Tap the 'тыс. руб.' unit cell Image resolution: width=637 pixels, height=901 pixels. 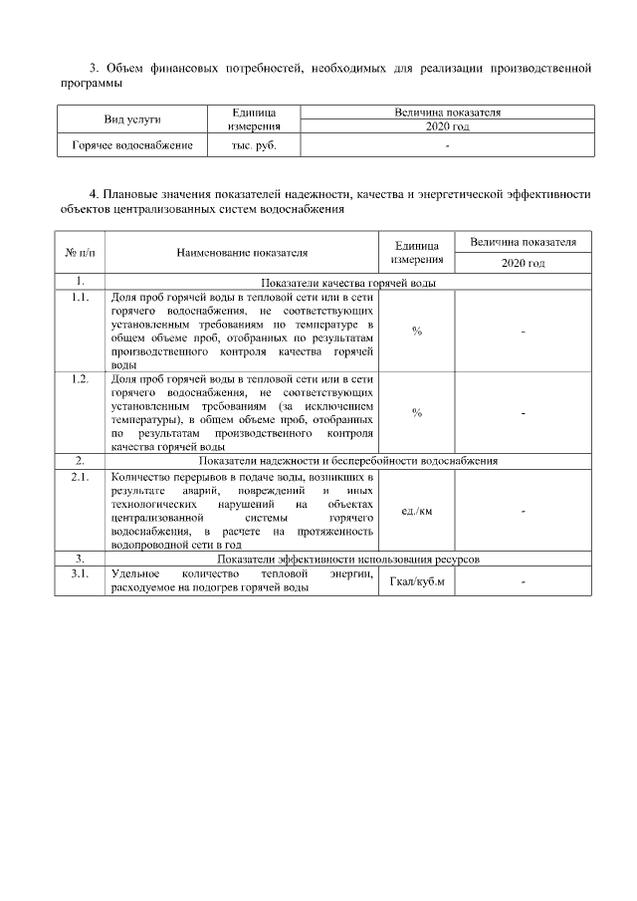click(x=253, y=146)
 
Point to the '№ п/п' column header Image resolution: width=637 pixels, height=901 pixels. click(x=79, y=253)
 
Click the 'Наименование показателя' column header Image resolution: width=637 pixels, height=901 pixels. click(x=242, y=253)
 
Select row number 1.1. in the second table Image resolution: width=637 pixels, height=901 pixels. click(x=80, y=296)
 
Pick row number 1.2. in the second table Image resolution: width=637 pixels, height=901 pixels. click(x=80, y=378)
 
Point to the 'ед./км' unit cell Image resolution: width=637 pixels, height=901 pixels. click(x=417, y=512)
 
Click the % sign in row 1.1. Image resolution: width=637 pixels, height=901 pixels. click(x=417, y=331)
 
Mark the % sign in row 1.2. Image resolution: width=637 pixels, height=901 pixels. click(x=417, y=412)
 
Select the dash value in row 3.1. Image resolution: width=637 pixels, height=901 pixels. click(x=523, y=582)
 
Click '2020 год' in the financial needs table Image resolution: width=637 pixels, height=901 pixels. click(x=447, y=126)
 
